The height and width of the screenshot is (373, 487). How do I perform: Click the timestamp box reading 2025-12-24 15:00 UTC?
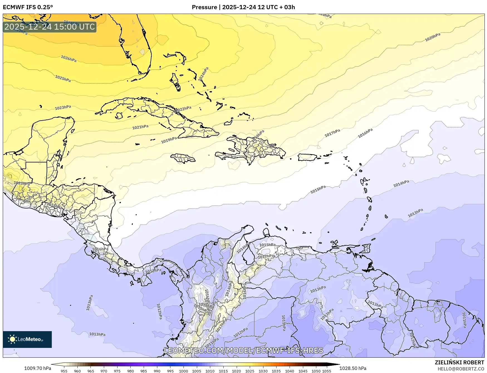tap(50, 27)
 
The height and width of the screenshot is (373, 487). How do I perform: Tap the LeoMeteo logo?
tap(27, 339)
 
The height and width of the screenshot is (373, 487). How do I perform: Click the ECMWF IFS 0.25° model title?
tap(28, 7)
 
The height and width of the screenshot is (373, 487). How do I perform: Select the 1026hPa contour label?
tap(68, 59)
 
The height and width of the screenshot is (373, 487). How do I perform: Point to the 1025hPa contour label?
tap(63, 79)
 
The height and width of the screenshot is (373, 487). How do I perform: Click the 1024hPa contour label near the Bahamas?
tap(204, 74)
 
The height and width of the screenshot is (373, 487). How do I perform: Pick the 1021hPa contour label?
tap(140, 127)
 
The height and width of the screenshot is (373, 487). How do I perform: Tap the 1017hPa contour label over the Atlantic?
tap(332, 133)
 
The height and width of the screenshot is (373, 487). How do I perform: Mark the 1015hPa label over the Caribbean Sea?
tap(318, 189)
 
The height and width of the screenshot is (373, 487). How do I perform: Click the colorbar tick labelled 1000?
tap(183, 371)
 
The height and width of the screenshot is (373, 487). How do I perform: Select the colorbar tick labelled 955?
tap(64, 371)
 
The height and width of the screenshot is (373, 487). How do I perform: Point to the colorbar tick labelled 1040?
tap(290, 371)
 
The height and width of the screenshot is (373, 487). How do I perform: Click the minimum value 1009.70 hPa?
tap(38, 368)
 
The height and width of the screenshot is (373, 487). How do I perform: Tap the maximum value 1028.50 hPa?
tap(353, 368)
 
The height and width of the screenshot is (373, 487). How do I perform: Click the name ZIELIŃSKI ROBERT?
tap(459, 362)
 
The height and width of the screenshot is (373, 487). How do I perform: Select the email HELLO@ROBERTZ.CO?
tap(461, 369)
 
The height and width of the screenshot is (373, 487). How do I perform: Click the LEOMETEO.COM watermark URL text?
tap(244, 350)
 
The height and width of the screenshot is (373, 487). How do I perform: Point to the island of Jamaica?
tap(183, 159)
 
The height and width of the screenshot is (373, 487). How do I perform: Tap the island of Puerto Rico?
tap(307, 157)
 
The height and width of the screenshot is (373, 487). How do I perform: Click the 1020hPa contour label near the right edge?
tap(433, 37)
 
